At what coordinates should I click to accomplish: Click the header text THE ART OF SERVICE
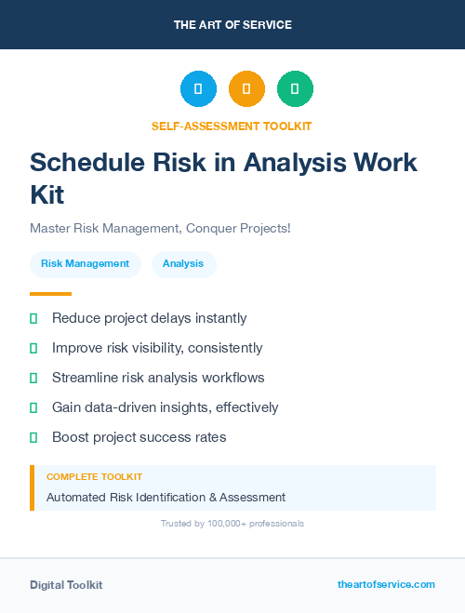click(x=232, y=25)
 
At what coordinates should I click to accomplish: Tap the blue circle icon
click(x=198, y=89)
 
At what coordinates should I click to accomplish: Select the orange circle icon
click(x=246, y=89)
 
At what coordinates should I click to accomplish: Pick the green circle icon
click(x=295, y=89)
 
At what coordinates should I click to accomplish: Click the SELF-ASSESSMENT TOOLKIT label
click(x=232, y=126)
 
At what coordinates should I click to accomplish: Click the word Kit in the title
click(x=47, y=195)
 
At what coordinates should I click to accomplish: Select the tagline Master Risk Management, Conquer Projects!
click(x=160, y=228)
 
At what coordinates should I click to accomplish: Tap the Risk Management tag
click(x=85, y=264)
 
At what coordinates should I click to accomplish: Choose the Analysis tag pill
click(x=183, y=264)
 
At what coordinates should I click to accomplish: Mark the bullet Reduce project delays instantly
click(x=149, y=318)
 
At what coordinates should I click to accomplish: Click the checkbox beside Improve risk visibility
click(x=33, y=349)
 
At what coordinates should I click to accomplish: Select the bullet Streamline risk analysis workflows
click(x=158, y=378)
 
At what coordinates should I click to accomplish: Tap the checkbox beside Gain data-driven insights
click(x=33, y=408)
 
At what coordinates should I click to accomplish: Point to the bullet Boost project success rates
click(x=139, y=437)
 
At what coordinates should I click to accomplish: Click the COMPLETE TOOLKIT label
click(x=94, y=476)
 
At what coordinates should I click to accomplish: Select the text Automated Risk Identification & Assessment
click(x=166, y=497)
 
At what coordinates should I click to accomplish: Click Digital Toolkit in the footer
click(x=66, y=585)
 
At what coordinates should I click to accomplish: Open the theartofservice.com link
click(x=386, y=584)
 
